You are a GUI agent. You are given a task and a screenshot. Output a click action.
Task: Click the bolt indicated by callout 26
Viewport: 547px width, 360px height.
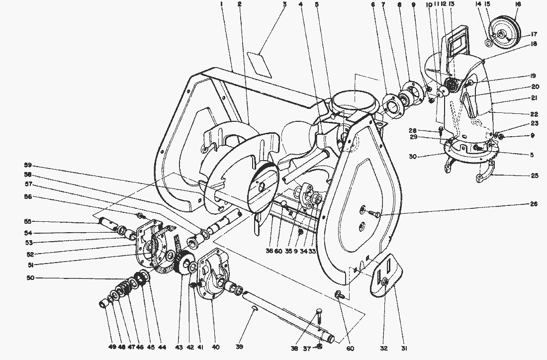tap(374, 213)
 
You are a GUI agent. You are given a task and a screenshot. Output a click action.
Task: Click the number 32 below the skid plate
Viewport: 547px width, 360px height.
tap(384, 348)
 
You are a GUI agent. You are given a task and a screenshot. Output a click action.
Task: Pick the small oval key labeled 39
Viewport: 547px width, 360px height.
tap(254, 309)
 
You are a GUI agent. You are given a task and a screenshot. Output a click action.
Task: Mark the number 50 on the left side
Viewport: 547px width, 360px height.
tap(30, 277)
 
